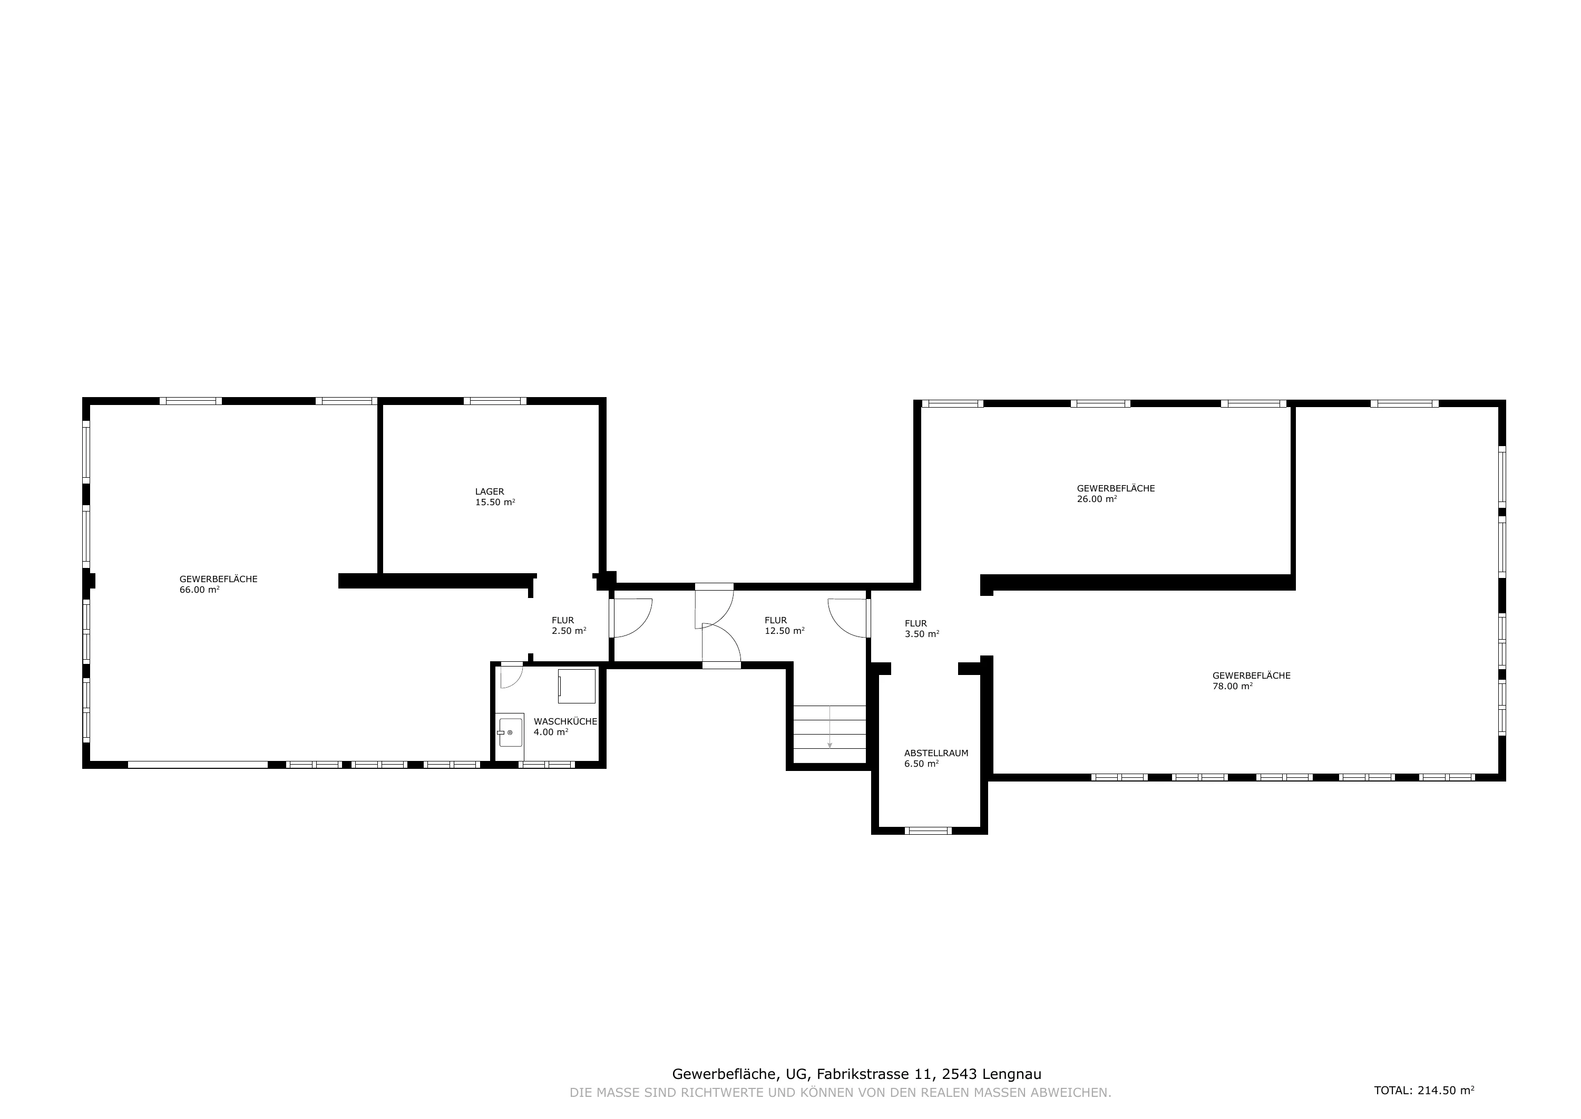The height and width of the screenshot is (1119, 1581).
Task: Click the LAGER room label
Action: pos(490,491)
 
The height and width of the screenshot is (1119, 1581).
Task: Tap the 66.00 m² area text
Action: pos(200,590)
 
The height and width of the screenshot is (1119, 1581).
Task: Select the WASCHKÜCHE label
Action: pos(565,721)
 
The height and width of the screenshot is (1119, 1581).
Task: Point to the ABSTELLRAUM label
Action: pos(936,753)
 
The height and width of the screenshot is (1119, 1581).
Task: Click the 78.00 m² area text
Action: pos(1233,686)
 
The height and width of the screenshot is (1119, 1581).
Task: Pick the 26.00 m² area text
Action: pos(1097,499)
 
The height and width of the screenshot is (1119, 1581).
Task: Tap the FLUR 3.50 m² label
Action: pos(922,629)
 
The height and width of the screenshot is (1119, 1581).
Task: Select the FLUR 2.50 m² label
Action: pos(569,625)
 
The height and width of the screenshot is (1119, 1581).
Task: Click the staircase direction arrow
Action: pos(829,727)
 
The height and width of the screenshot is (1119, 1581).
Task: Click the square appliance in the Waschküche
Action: pos(577,686)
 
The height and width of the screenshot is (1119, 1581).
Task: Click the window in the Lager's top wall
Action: pos(494,401)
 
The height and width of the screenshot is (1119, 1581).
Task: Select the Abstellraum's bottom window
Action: pos(928,831)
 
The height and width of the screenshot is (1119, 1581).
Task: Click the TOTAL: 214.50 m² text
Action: pos(1424,1091)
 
